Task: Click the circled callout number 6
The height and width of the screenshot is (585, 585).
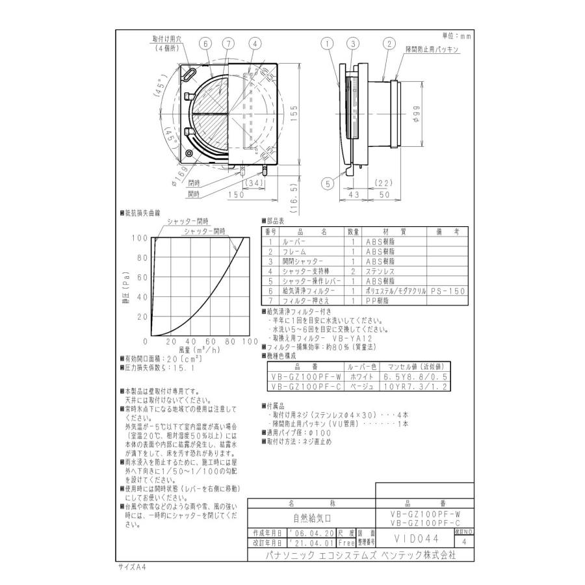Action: pyautogui.click(x=206, y=44)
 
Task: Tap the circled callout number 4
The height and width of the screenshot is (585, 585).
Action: pyautogui.click(x=255, y=44)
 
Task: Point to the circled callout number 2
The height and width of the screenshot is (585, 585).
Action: pyautogui.click(x=389, y=44)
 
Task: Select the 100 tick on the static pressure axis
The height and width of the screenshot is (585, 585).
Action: pyautogui.click(x=138, y=238)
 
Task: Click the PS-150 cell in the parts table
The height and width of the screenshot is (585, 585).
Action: pyautogui.click(x=447, y=291)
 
